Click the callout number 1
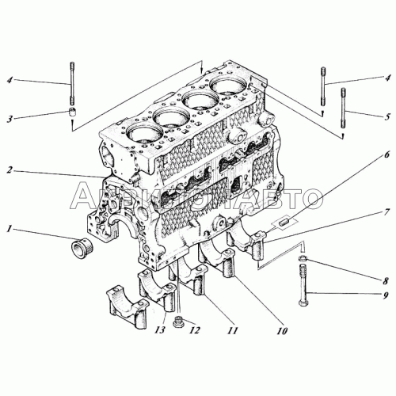pos(10,230)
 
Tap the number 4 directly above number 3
pos(10,80)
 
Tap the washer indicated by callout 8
pos(304,263)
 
